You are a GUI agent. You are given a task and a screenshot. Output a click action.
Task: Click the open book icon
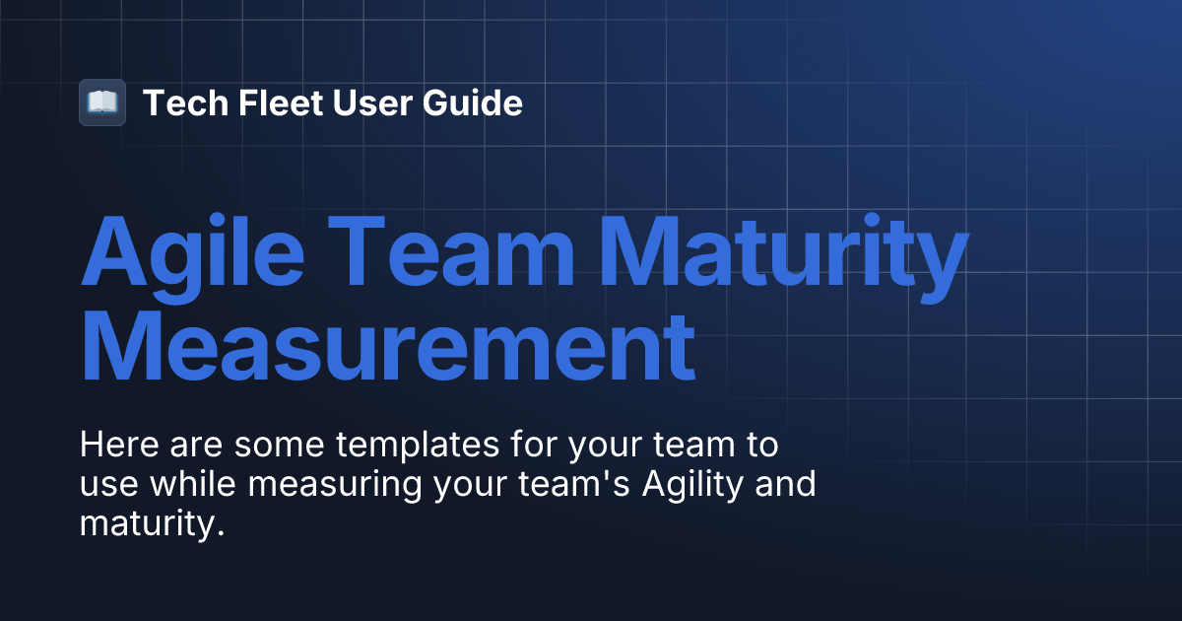pos(102,103)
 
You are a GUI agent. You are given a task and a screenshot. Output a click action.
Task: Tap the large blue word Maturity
pos(785,256)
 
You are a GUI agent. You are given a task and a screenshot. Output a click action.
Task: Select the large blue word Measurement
pos(387,349)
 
